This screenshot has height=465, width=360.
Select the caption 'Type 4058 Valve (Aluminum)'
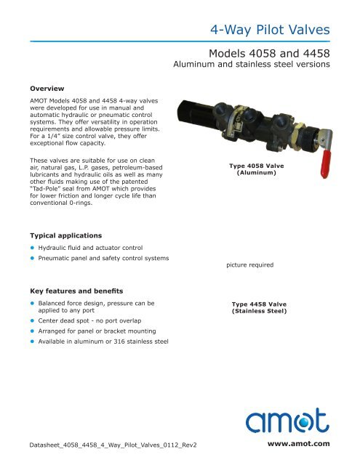[x=252, y=171]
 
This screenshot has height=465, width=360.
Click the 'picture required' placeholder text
[x=249, y=265]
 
